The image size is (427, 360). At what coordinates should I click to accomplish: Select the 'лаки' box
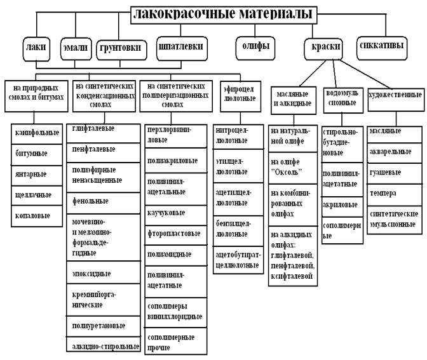(33, 48)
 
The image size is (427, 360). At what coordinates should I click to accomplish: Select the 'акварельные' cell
(393, 154)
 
